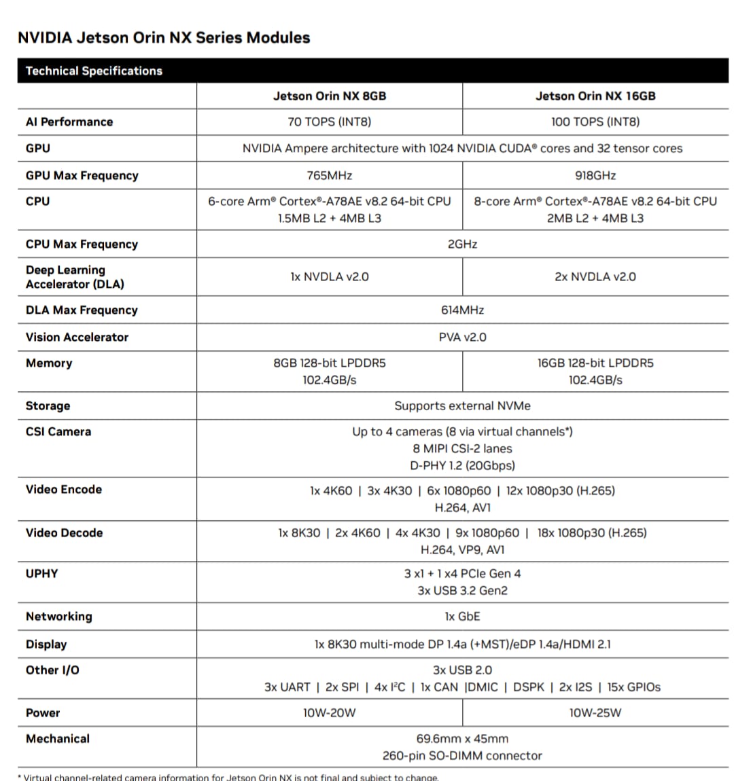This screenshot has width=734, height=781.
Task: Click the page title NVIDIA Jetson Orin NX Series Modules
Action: pos(164,37)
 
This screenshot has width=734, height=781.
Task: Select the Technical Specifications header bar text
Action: pos(94,71)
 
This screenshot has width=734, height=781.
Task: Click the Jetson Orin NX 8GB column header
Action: pos(330,96)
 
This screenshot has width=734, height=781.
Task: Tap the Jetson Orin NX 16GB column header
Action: pos(595,96)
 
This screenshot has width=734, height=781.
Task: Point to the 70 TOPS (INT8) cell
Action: pos(330,122)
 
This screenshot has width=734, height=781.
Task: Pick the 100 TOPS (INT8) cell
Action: pos(595,122)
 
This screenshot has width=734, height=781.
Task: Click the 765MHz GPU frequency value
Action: pos(330,175)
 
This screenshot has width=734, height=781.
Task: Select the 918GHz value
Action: pos(595,175)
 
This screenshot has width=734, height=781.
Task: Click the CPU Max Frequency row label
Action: pos(82,244)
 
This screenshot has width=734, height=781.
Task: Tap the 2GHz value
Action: pos(462,244)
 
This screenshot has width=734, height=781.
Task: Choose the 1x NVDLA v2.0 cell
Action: pos(330,276)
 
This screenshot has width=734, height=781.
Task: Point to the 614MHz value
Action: pos(462,310)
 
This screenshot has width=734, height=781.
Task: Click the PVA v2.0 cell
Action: pos(462,337)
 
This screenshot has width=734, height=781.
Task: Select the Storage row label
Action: pos(48,405)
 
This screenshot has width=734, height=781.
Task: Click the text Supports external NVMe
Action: pos(462,405)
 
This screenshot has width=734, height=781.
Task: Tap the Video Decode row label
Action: pos(64,532)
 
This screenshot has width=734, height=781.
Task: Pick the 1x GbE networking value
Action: pos(462,616)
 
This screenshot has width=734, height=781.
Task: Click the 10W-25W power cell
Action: pos(595,712)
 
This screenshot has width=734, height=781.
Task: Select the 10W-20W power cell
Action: pos(330,712)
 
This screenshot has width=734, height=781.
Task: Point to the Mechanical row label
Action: pos(58,738)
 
